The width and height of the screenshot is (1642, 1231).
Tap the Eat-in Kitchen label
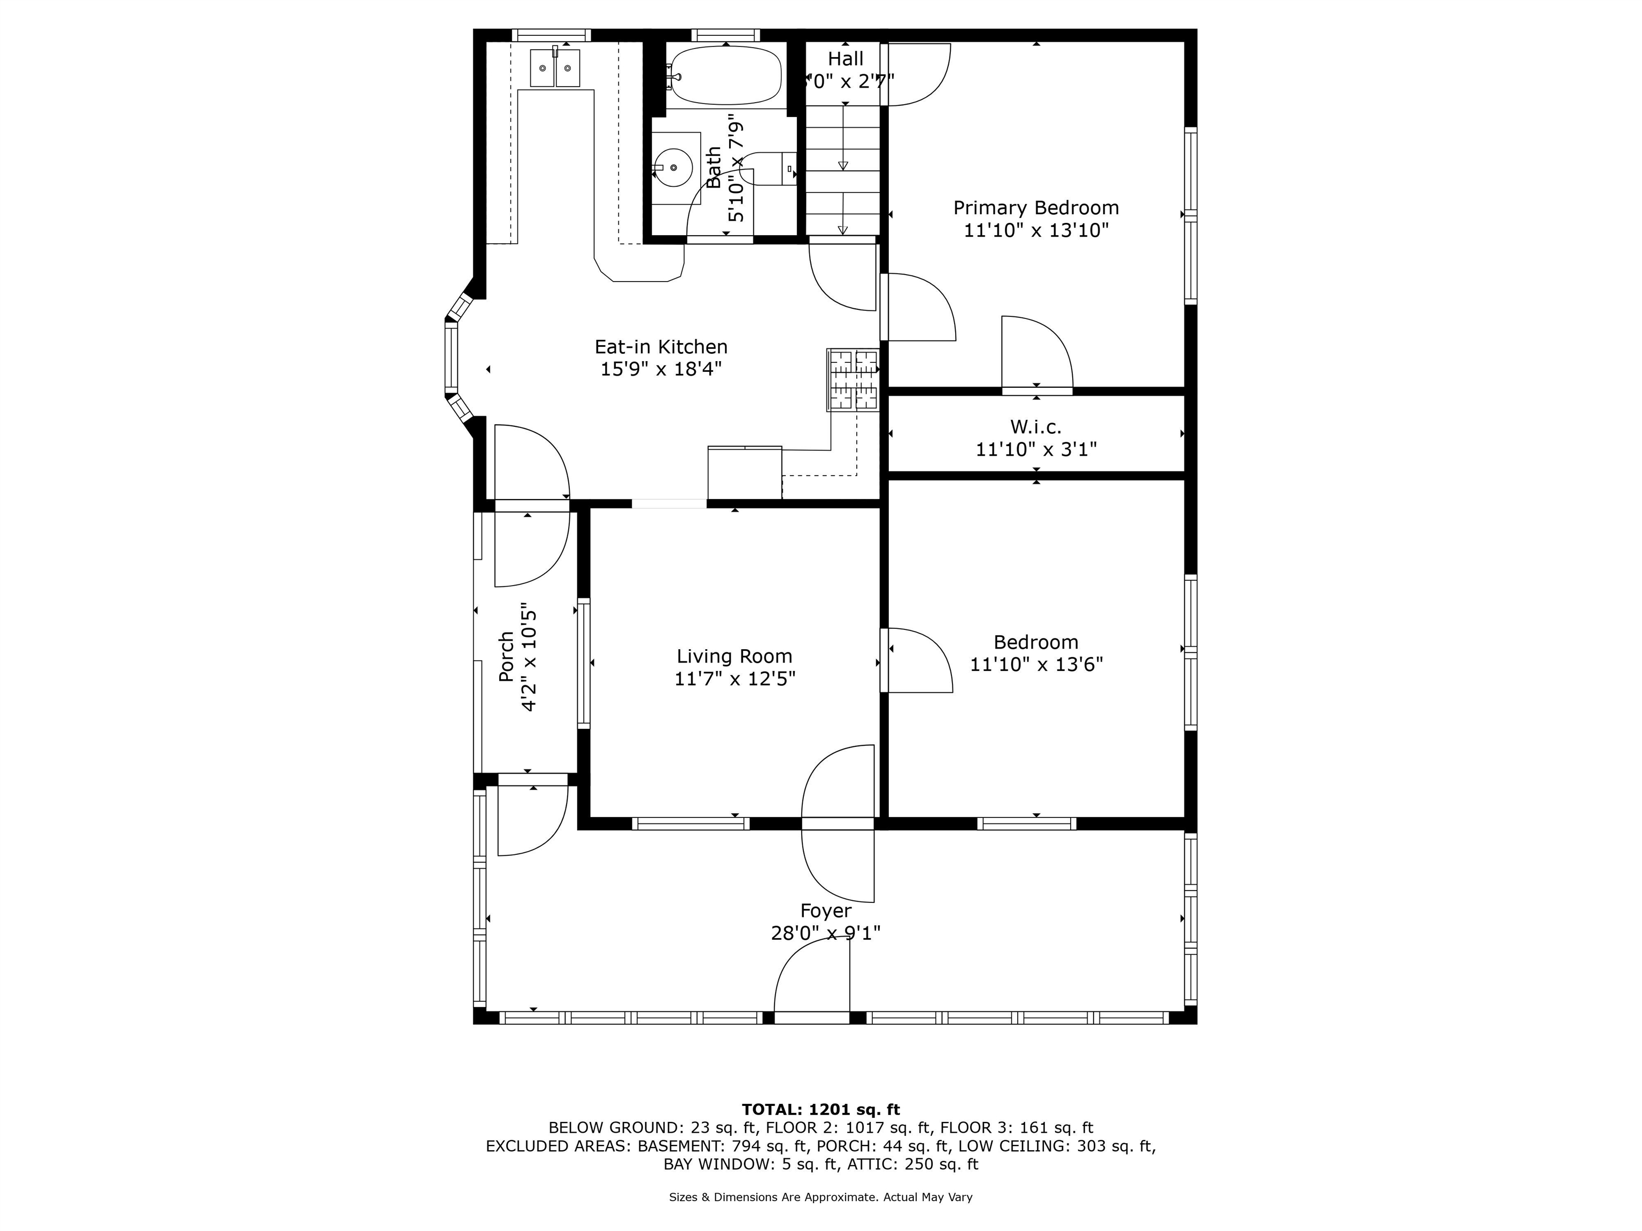(x=661, y=347)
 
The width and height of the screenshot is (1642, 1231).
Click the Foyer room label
(x=825, y=910)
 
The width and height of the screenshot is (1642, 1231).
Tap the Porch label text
(x=506, y=657)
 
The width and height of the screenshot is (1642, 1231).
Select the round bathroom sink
(x=674, y=168)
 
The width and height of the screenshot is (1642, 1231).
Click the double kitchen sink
(x=554, y=68)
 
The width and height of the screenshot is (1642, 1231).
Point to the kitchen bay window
(x=451, y=359)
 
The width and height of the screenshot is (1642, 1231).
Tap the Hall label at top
(x=846, y=59)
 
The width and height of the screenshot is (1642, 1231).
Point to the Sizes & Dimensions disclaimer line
(x=820, y=1197)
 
